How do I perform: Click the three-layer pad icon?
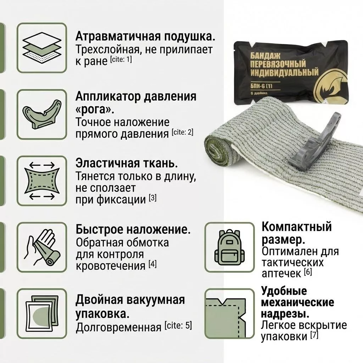42,48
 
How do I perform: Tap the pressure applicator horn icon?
42,115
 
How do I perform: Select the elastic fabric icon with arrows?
42,181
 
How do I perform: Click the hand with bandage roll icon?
42,247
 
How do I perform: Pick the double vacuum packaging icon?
42,313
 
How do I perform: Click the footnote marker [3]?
152,198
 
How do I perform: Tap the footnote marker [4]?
152,264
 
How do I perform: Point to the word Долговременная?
118,326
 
